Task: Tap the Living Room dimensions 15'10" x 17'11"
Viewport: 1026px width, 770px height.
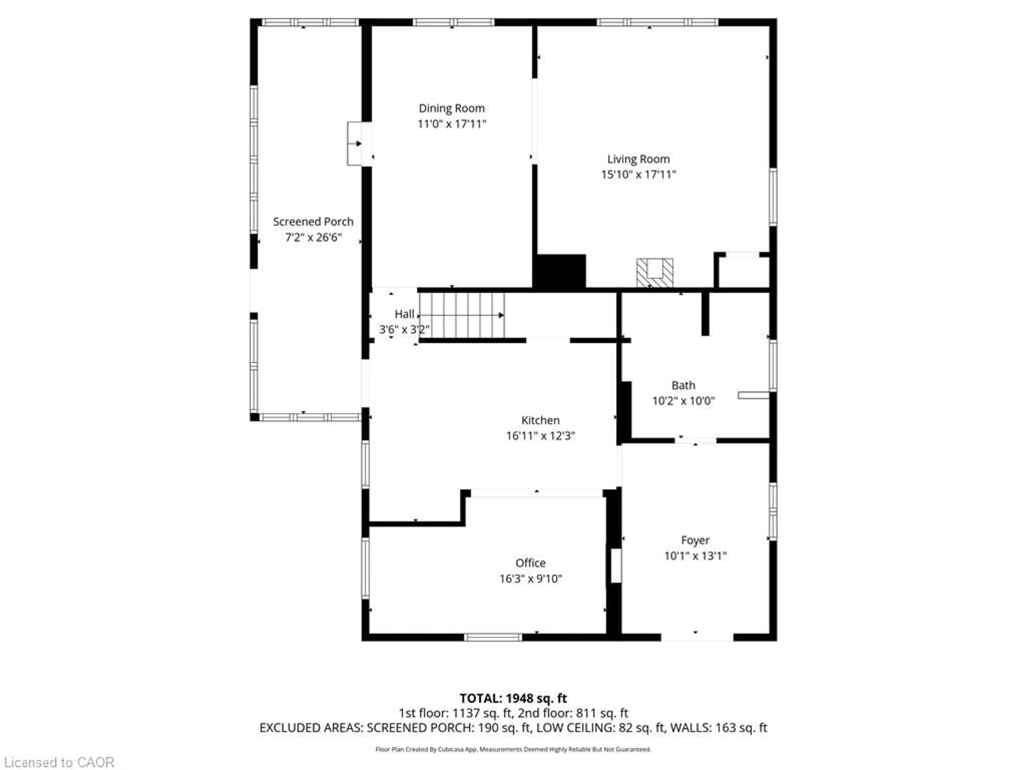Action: [x=638, y=175]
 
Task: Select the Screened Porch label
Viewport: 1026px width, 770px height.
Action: [x=313, y=222]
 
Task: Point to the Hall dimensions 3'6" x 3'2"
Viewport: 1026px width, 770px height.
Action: [x=404, y=330]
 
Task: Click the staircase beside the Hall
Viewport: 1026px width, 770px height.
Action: [x=461, y=315]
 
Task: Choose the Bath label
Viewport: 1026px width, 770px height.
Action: [x=683, y=385]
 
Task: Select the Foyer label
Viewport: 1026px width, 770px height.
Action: [x=695, y=540]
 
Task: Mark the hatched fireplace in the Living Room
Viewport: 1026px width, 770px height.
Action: [x=654, y=273]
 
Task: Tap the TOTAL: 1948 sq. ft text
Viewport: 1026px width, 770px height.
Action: [x=513, y=698]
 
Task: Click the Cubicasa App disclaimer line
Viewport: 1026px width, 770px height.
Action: [x=513, y=749]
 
